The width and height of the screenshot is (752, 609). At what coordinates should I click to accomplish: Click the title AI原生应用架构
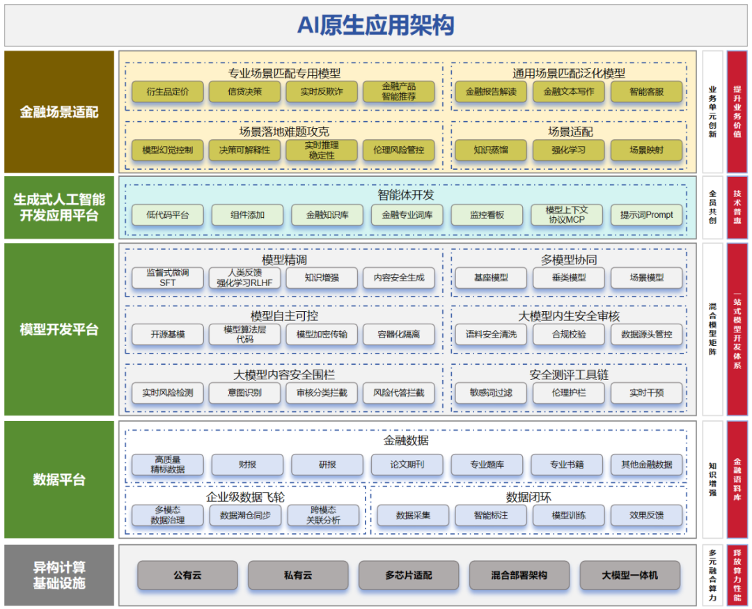coord(375,26)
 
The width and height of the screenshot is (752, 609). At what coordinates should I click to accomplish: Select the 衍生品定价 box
coord(167,92)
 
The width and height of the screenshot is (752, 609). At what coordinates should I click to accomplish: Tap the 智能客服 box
coord(646,92)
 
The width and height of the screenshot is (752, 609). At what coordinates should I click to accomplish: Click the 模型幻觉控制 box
coord(167,150)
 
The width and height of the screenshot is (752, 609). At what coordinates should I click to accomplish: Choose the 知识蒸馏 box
coord(491,150)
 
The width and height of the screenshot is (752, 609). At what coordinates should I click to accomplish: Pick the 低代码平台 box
coord(167,215)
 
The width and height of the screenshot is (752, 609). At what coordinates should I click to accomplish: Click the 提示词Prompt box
coord(646,215)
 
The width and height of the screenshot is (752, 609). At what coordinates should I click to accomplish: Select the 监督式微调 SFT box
coord(167,278)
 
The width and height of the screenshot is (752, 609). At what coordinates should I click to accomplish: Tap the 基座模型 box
coord(491,278)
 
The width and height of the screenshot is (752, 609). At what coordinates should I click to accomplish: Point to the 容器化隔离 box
coord(398,334)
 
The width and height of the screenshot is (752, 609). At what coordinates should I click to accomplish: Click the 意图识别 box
coord(244,393)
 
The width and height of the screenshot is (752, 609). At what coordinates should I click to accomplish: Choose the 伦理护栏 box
coord(569,393)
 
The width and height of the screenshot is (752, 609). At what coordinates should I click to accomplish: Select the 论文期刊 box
coord(407,464)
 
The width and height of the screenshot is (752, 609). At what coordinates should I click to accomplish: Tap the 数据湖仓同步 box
coord(245,515)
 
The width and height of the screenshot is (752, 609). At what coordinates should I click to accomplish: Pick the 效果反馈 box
coord(646,515)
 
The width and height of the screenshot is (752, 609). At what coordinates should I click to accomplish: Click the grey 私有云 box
coord(298,575)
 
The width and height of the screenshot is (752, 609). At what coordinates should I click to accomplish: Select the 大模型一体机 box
coord(629,575)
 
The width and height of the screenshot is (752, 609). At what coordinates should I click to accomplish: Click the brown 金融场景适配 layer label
coord(59,112)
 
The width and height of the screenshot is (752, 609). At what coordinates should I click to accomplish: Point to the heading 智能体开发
coord(406,195)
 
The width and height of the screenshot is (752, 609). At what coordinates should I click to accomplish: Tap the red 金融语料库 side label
coord(737,480)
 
